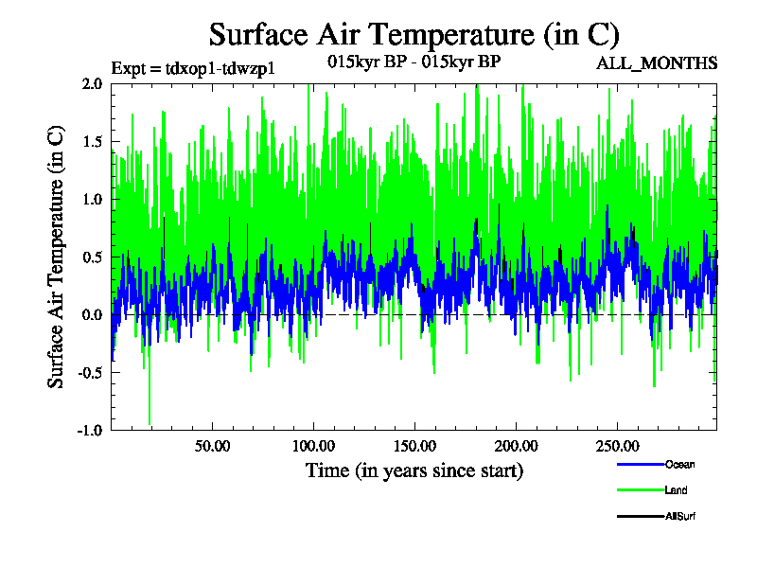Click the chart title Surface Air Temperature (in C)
coord(414,35)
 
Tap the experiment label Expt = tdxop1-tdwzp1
coord(200,68)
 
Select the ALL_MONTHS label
coord(656,63)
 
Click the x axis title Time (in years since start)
coord(414,470)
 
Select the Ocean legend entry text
coord(679,465)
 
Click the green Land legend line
coord(639,490)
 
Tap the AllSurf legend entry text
coord(681,516)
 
